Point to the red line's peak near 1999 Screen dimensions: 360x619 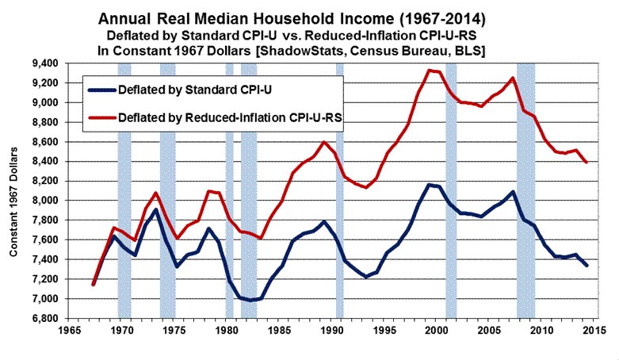pyautogui.click(x=430, y=70)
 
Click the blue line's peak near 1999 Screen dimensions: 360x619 pyautogui.click(x=430, y=185)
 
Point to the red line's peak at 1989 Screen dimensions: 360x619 pyautogui.click(x=324, y=142)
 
